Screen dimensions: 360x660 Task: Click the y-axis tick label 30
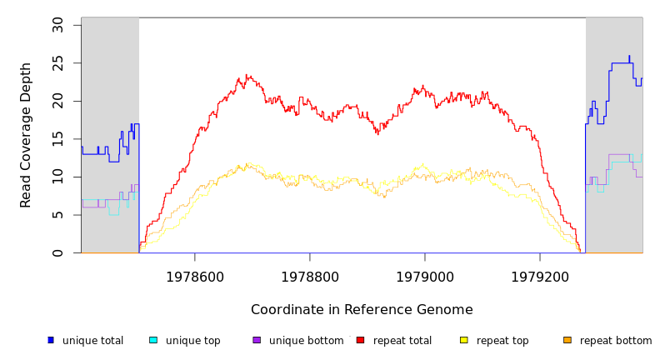[x=57, y=25]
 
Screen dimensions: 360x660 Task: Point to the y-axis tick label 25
[x=57, y=63]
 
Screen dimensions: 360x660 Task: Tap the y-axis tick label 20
[x=57, y=101]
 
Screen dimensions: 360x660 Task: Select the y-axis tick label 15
[x=57, y=139]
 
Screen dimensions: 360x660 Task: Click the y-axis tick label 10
[x=57, y=177]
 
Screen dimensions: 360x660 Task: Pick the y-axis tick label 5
[x=57, y=215]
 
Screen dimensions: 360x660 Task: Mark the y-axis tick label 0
[x=57, y=252]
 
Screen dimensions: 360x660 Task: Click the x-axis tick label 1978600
[x=195, y=276]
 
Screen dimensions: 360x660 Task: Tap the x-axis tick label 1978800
[x=310, y=276]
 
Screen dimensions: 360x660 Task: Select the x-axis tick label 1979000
[x=425, y=276]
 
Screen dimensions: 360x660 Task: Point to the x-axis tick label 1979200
[x=540, y=276]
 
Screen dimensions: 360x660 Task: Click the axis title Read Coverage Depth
[x=27, y=135]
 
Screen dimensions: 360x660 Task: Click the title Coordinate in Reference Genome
[x=362, y=310]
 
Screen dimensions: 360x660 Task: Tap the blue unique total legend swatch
[x=51, y=340]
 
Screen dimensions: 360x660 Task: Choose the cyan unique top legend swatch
[x=153, y=340]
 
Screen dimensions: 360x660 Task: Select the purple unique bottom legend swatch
[x=257, y=340]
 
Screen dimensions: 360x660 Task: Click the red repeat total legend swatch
[x=360, y=340]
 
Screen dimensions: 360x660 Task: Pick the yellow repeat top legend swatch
[x=463, y=340]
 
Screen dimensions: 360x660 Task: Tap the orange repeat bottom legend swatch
[x=567, y=340]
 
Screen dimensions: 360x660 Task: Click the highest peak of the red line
[x=247, y=75]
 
